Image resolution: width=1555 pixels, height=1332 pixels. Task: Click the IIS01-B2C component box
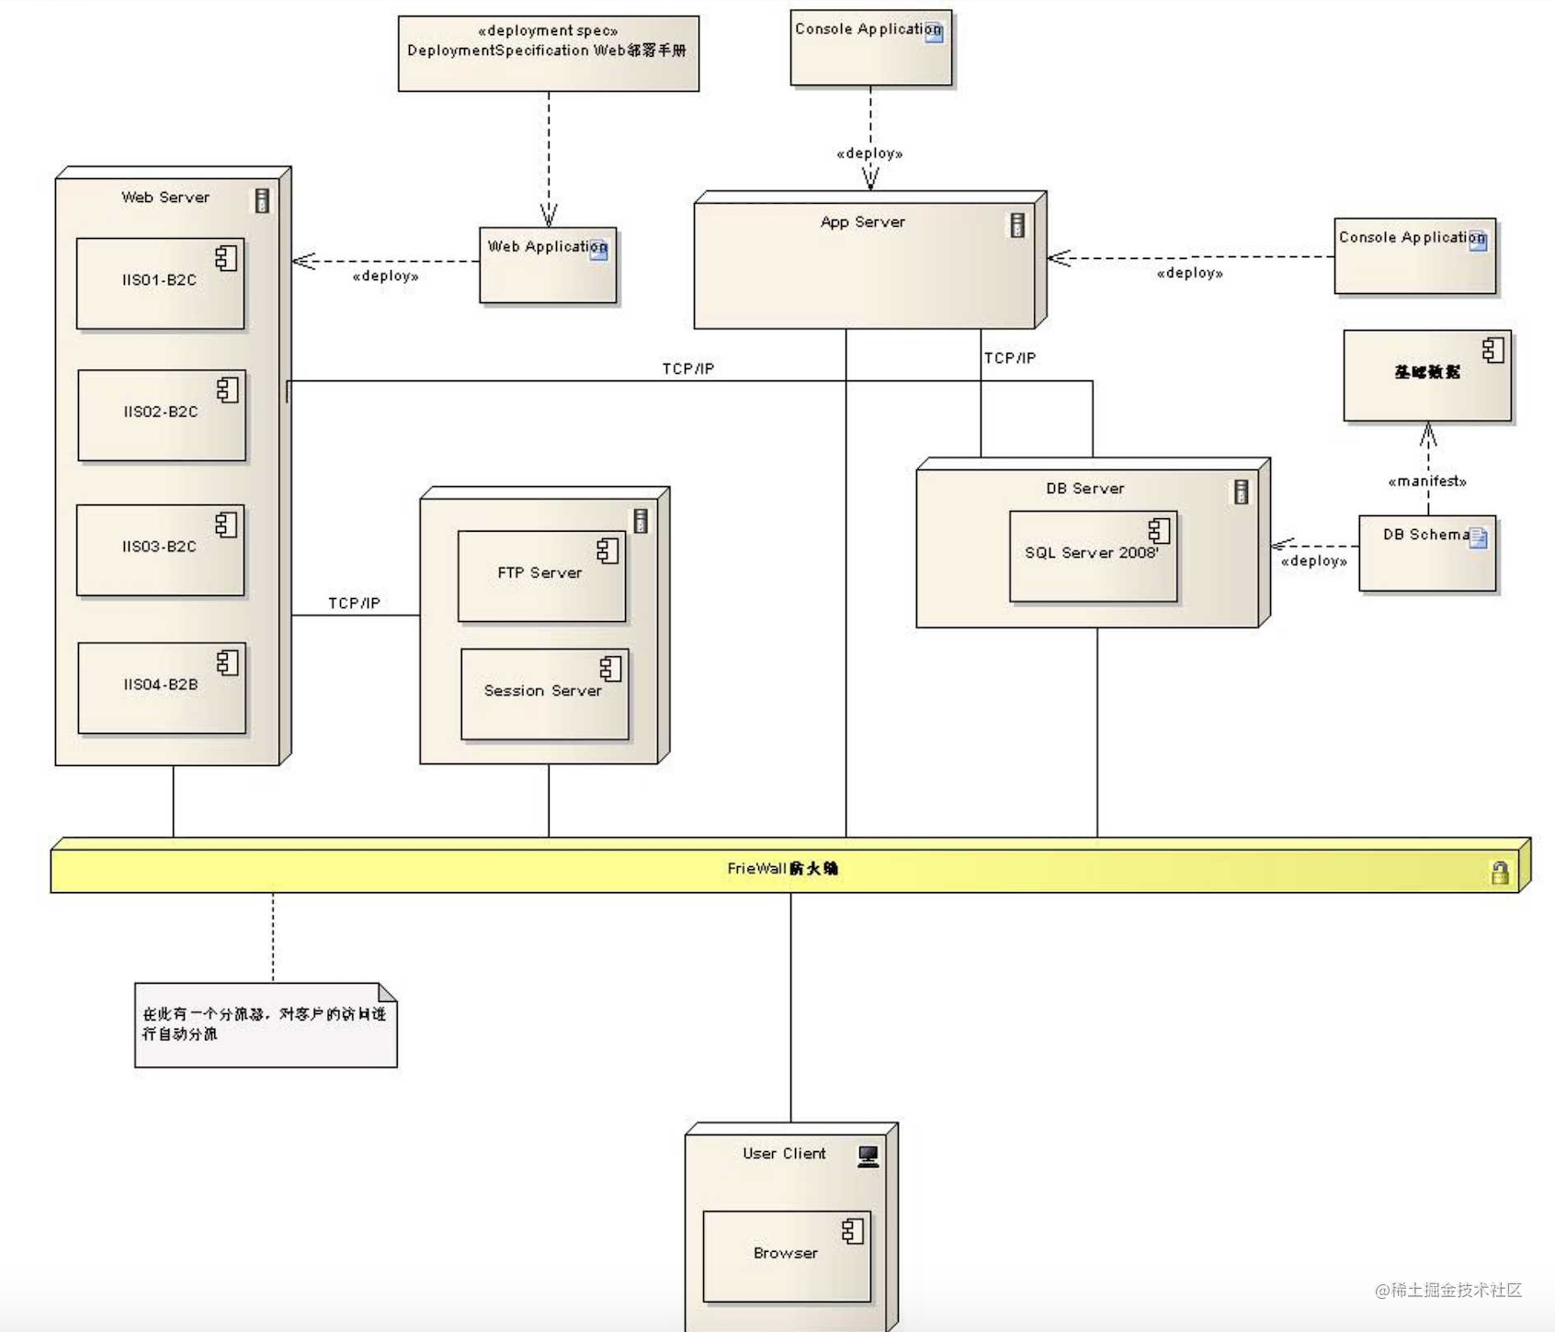160,283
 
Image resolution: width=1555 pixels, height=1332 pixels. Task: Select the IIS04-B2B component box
162,688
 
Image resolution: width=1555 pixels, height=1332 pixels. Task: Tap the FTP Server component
541,575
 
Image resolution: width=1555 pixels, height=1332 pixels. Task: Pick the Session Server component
544,694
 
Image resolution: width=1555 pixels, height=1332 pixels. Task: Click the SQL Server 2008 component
1093,556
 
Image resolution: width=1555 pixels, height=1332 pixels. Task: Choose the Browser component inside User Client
787,1255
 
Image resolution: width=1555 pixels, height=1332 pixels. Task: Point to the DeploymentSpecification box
548,53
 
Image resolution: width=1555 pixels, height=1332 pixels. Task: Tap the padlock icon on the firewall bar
1500,872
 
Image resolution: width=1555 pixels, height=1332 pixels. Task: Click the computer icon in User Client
868,1156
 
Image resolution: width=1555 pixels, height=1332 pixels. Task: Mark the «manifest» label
1426,481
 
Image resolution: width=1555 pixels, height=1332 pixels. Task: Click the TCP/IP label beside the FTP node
354,603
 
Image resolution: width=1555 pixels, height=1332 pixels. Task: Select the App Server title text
862,222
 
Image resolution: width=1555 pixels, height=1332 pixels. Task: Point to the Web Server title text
165,198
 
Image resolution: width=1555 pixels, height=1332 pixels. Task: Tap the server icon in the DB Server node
1241,492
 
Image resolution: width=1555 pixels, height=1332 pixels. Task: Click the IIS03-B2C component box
160,549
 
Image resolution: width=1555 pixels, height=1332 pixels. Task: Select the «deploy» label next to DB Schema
1313,561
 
